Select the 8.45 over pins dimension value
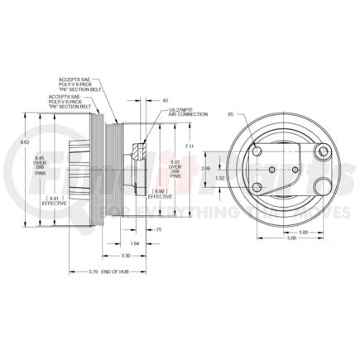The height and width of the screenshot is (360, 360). click(x=39, y=166)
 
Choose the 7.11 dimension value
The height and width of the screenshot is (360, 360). click(x=191, y=146)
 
